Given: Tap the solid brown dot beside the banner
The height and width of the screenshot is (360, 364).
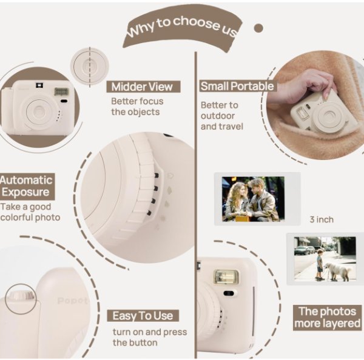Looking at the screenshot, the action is pos(258,28).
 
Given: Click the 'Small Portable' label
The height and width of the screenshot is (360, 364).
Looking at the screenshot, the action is pos(237,86).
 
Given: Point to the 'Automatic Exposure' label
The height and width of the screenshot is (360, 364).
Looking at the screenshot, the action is pos(27,186).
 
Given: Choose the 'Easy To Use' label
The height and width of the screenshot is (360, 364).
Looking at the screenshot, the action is pos(143,316).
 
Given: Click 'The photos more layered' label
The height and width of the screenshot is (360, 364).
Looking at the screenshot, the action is pos(328,318).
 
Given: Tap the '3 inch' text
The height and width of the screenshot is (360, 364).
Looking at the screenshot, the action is pos(322,219).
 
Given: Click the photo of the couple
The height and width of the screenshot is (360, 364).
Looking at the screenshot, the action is pos(253,199).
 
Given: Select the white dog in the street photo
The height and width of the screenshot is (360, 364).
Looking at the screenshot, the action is pos(337,271).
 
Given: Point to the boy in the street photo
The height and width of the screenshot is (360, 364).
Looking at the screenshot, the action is pos(320,264).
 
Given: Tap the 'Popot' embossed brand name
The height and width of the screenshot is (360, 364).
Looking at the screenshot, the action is pos(72,301).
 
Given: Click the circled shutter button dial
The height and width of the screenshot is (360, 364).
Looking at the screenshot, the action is pos(21,299).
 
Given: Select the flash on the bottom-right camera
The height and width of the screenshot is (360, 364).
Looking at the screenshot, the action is pos(226,278).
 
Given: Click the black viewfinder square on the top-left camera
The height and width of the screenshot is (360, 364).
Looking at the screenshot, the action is pos(39,85).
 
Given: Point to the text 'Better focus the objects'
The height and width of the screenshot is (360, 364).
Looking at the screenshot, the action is pos(137,107).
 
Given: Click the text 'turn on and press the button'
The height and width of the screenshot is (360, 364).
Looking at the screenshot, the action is pos(150,337).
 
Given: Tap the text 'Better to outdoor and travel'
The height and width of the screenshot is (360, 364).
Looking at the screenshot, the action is pos(221,116).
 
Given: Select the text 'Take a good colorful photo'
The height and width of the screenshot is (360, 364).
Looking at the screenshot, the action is pos(30,212).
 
